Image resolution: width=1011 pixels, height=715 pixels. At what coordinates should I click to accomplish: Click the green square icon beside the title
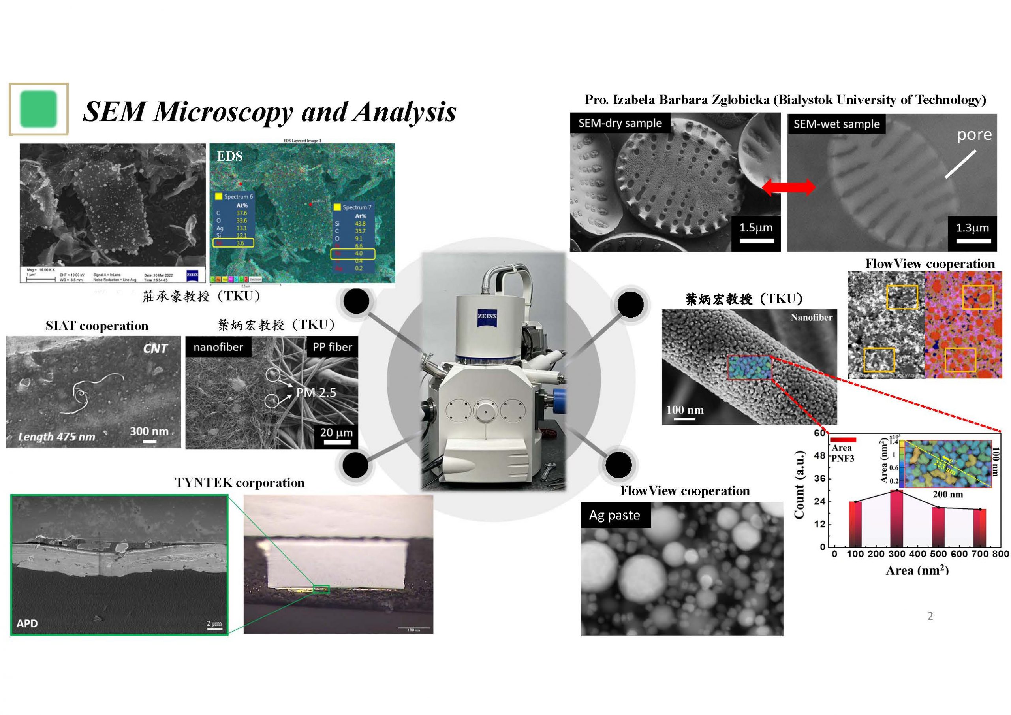[39, 109]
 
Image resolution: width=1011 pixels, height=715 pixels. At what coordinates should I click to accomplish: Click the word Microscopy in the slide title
[223, 111]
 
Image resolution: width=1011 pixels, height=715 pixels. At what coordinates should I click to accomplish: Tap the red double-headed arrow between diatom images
[788, 187]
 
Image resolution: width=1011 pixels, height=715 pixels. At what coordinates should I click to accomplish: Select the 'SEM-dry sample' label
[620, 123]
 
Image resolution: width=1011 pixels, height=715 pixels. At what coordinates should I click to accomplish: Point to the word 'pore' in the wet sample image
[974, 135]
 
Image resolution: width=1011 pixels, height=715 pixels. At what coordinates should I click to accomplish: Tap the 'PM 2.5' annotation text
[316, 392]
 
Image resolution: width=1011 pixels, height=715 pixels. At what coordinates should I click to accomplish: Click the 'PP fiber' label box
[332, 347]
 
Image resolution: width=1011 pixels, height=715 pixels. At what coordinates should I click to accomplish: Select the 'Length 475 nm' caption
[56, 437]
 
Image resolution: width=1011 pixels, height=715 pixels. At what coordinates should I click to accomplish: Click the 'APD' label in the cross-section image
[27, 623]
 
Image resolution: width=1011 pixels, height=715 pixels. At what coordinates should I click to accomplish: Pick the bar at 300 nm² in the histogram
[896, 519]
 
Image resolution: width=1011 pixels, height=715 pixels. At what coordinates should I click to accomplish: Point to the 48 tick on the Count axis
[819, 455]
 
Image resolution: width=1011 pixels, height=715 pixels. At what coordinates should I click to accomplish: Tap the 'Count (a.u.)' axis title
[799, 485]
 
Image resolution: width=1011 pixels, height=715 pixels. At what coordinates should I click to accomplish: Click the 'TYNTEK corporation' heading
[240, 482]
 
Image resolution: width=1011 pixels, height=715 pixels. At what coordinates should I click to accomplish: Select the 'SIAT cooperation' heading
[97, 326]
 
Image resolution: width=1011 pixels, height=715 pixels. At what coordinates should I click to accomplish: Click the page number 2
[930, 616]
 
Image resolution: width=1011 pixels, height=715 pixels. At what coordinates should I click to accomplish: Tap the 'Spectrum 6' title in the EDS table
[238, 196]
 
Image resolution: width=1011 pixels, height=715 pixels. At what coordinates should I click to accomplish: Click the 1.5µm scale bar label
[755, 228]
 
